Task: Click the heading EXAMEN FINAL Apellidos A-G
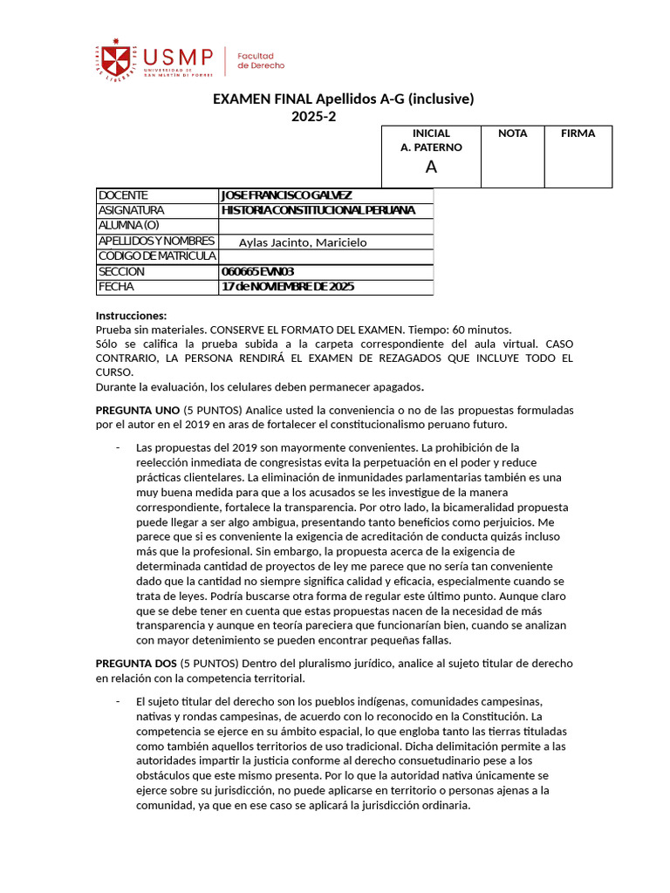344,99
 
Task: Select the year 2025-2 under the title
313,117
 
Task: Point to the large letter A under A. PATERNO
431,167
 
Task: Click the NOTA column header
512,133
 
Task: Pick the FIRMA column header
578,133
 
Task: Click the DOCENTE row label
124,195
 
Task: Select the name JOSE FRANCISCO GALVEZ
287,195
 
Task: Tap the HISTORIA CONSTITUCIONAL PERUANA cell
318,210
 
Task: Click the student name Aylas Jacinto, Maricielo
303,242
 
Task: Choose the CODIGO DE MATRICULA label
157,256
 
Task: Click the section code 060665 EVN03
258,271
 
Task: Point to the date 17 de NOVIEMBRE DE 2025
288,287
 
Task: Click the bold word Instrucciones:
131,316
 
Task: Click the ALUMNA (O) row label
129,225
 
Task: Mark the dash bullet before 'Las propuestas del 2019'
117,447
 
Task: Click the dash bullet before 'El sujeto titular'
117,701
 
